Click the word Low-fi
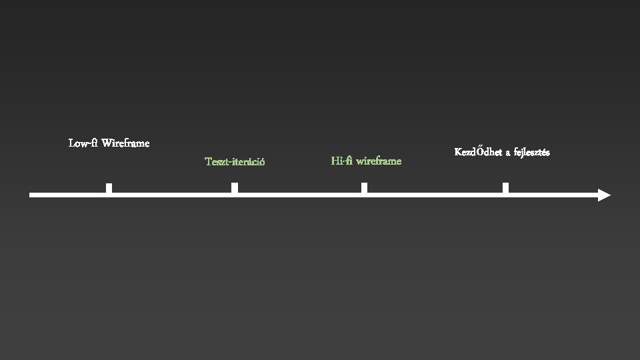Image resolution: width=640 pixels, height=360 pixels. click(83, 143)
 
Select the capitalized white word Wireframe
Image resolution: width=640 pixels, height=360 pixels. click(125, 143)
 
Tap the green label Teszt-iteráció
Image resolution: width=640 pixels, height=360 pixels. click(235, 161)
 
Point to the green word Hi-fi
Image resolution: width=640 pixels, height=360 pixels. click(341, 161)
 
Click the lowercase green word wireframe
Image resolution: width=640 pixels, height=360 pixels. click(379, 161)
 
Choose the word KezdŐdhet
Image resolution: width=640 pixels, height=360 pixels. click(478, 152)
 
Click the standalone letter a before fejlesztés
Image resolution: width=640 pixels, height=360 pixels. click(507, 153)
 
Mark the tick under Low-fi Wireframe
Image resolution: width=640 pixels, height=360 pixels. click(109, 188)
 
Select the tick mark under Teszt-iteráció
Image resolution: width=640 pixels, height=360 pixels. click(235, 188)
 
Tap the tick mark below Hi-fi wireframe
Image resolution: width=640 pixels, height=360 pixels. click(364, 188)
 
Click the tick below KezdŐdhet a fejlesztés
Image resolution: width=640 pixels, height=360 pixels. click(505, 188)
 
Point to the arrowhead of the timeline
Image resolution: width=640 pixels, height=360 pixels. click(603, 195)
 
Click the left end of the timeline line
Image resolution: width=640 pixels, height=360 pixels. click(32, 195)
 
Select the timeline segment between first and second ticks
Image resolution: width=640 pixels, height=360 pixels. click(171, 195)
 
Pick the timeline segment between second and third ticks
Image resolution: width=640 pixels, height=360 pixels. click(299, 195)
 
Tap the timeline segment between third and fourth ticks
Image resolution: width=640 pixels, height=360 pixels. click(435, 195)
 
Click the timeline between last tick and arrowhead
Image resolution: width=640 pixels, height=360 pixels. click(552, 195)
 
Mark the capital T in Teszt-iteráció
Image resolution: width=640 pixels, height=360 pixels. click(208, 161)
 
